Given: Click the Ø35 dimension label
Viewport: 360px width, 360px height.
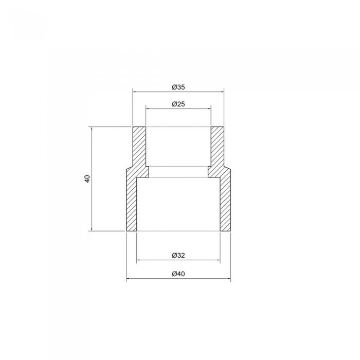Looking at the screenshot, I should pos(178,87).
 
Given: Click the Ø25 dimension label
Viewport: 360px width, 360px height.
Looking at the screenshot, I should pos(178,104).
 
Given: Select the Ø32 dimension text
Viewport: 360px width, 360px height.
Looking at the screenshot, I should pos(178,256).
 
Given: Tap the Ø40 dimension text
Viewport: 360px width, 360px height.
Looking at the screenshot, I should pos(178,274).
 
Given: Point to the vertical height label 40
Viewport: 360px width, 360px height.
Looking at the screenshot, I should pos(87,179).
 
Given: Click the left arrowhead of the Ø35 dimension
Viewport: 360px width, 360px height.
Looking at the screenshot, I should pos(135,92).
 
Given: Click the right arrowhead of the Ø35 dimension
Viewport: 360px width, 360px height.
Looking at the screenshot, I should pos(222,92).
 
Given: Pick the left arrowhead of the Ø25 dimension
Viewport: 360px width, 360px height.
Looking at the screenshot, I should pos(148,109).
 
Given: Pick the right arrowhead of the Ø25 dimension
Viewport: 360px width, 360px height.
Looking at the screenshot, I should pos(209,109).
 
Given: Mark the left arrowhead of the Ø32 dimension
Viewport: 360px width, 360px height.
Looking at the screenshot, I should pos(139,261).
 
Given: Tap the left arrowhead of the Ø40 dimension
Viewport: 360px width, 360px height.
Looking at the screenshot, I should pos(129,279).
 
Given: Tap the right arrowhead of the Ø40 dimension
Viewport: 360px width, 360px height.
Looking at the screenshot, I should pos(228,279).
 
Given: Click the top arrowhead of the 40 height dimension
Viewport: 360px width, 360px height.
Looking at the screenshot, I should pos(92,129).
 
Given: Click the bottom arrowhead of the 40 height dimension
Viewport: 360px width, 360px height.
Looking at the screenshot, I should pos(92,229).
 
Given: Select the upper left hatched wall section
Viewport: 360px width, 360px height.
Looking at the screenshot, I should pos(139,147).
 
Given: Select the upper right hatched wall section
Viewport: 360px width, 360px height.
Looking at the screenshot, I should pos(218,147).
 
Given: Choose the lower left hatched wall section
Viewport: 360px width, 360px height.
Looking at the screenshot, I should pos(132,203).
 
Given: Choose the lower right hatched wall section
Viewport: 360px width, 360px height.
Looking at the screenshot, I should pos(225,203).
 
